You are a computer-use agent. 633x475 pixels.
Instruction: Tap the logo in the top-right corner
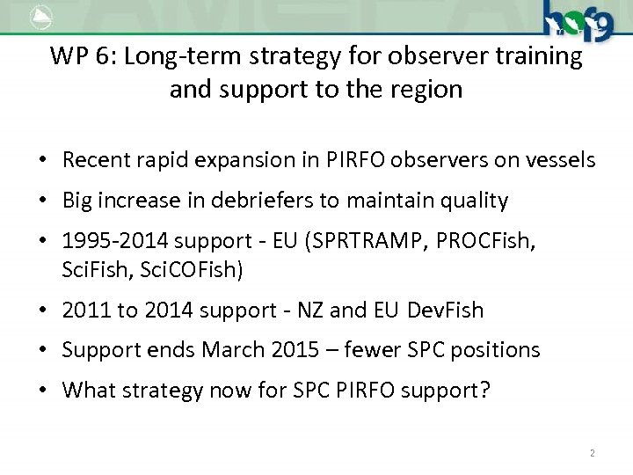coord(577,20)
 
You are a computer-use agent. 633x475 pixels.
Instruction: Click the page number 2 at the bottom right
coord(592,453)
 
